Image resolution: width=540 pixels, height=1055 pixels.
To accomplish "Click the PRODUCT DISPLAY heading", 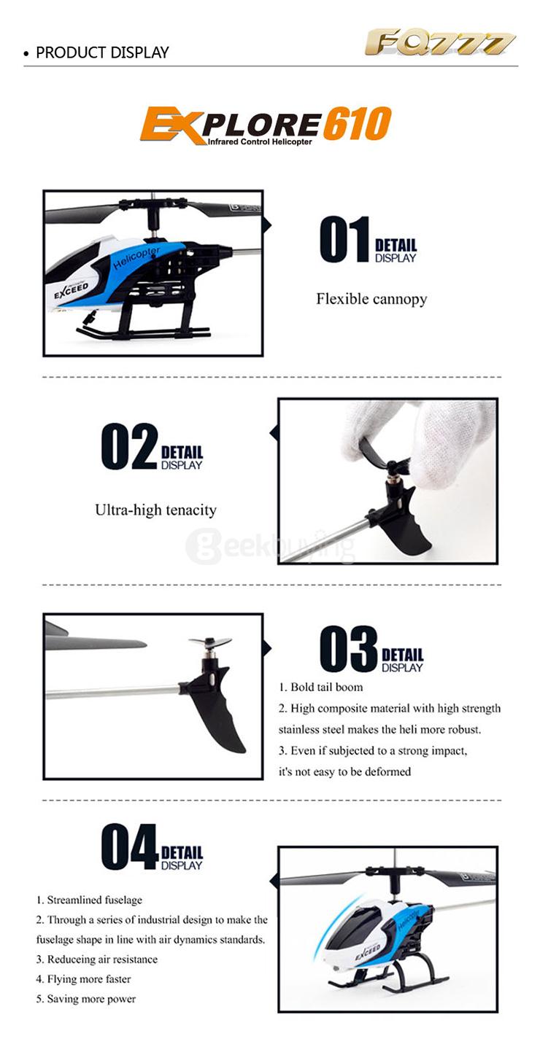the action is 102,52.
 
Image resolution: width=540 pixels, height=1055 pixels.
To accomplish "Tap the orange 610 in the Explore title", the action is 358,123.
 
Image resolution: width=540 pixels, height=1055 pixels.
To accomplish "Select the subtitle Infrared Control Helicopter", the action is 260,141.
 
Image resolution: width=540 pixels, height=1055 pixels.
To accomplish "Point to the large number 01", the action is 344,239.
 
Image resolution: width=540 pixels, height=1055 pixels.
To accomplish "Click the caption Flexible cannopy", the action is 371,299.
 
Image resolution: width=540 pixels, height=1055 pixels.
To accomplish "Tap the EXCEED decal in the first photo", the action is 72,290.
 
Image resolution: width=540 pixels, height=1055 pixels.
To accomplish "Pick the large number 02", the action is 129,446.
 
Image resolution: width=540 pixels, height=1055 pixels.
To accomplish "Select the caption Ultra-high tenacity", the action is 156,510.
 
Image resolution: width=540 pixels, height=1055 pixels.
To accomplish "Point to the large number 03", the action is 348,649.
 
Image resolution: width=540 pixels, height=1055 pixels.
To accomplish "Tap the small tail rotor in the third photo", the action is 209,643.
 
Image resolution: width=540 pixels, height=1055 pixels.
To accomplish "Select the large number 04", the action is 129,846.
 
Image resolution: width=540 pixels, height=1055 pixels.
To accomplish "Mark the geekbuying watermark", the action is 269,546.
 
